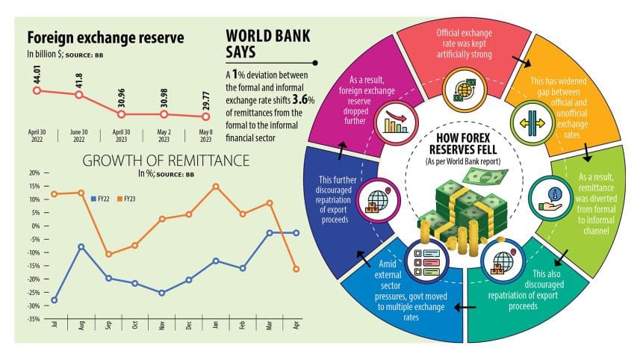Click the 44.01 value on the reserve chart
[36, 74]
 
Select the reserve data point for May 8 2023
[207, 116]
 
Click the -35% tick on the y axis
[34, 319]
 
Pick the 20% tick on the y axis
[34, 173]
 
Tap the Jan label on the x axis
[216, 326]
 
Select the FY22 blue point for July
[55, 300]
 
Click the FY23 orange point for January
[216, 186]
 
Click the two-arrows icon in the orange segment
[523, 124]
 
